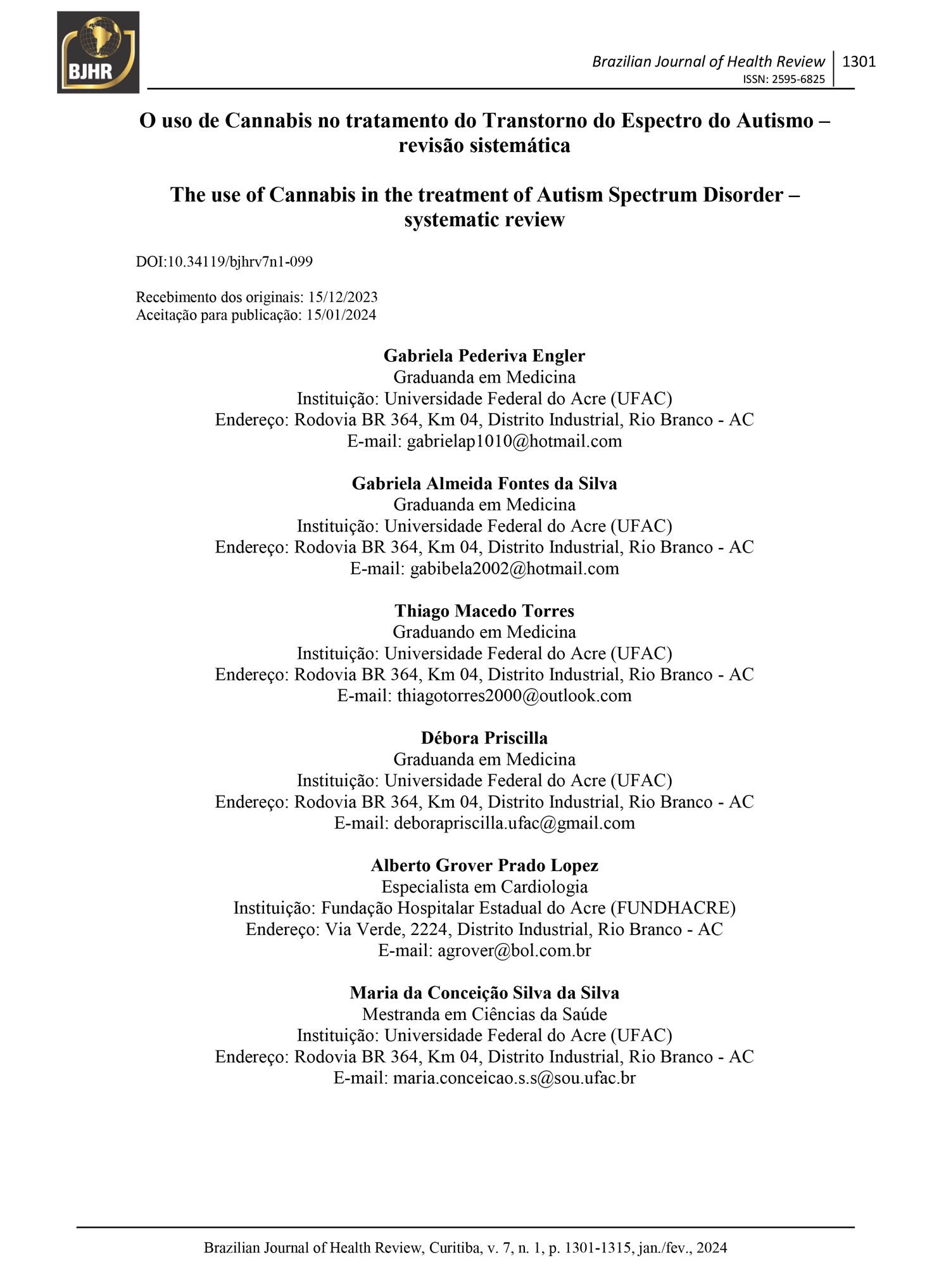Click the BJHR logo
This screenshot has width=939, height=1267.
tap(98, 53)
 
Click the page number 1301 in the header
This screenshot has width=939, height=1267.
tap(859, 61)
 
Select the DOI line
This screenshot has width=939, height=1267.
tap(224, 262)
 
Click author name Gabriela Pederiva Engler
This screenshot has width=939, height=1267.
tap(484, 355)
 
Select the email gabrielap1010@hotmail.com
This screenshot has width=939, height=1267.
tap(514, 441)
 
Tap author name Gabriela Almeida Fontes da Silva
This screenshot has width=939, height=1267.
tap(484, 483)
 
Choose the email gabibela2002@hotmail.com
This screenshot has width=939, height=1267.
tap(514, 568)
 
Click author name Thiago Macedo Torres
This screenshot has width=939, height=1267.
tap(484, 611)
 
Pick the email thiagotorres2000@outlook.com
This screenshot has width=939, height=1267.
tap(514, 696)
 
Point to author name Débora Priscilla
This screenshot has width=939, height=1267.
tap(484, 738)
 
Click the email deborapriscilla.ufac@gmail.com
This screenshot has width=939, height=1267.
tap(514, 823)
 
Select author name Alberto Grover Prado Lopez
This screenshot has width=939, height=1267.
tap(484, 865)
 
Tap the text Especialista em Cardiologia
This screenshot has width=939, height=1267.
tap(484, 887)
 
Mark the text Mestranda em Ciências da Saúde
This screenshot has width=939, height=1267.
tap(484, 1014)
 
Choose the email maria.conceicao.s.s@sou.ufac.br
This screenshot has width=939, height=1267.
tap(514, 1078)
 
